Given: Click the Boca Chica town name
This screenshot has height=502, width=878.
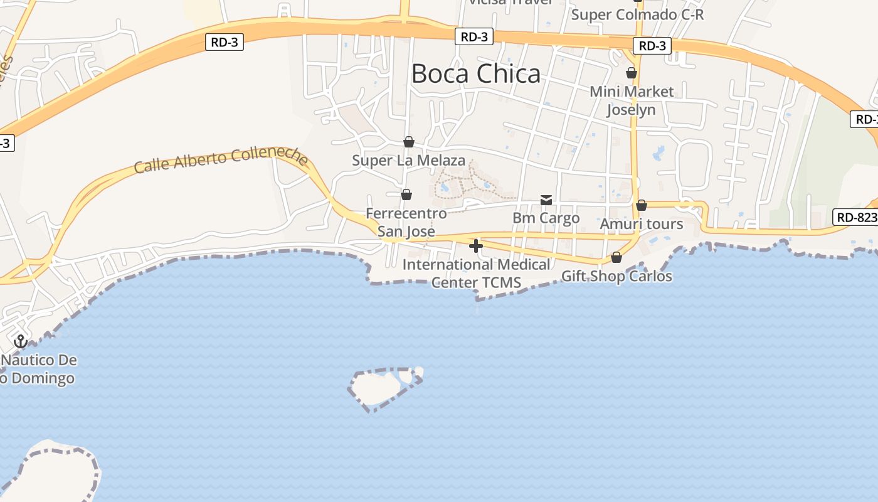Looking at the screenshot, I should click(x=475, y=74).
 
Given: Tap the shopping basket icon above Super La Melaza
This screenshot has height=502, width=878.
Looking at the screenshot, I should click(x=409, y=142).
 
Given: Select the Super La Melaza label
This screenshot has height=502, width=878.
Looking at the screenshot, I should click(x=409, y=161).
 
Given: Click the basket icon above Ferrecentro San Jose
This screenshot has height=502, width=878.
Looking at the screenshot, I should click(x=406, y=195).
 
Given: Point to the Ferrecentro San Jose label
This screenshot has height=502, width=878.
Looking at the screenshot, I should click(x=406, y=222).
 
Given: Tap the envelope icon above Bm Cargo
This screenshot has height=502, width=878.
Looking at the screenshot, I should click(x=546, y=200).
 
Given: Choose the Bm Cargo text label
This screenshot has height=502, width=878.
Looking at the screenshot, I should click(x=546, y=218).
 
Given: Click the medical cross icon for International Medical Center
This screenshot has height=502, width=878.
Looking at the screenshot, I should click(x=476, y=246).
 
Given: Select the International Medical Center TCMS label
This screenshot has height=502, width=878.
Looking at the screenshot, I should click(x=476, y=274).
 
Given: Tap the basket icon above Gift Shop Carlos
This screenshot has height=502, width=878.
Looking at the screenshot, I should click(x=616, y=258).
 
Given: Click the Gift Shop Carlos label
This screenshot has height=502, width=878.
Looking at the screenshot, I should click(x=616, y=276).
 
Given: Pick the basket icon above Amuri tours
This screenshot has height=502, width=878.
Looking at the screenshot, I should click(x=641, y=206).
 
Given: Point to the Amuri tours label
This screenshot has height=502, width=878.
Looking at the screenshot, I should click(x=641, y=224).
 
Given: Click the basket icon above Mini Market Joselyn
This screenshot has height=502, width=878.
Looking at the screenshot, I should click(x=632, y=73).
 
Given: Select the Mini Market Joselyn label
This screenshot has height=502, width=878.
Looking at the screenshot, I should click(x=632, y=100).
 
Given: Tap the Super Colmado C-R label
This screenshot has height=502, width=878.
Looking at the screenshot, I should click(x=637, y=14).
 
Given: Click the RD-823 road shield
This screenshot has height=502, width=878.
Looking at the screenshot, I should click(x=855, y=218).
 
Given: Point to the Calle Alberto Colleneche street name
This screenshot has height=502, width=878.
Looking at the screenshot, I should click(x=221, y=159).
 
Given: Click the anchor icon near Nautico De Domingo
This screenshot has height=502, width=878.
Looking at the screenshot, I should click(x=21, y=341).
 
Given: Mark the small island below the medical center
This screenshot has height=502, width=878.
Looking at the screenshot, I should click(x=380, y=387).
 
